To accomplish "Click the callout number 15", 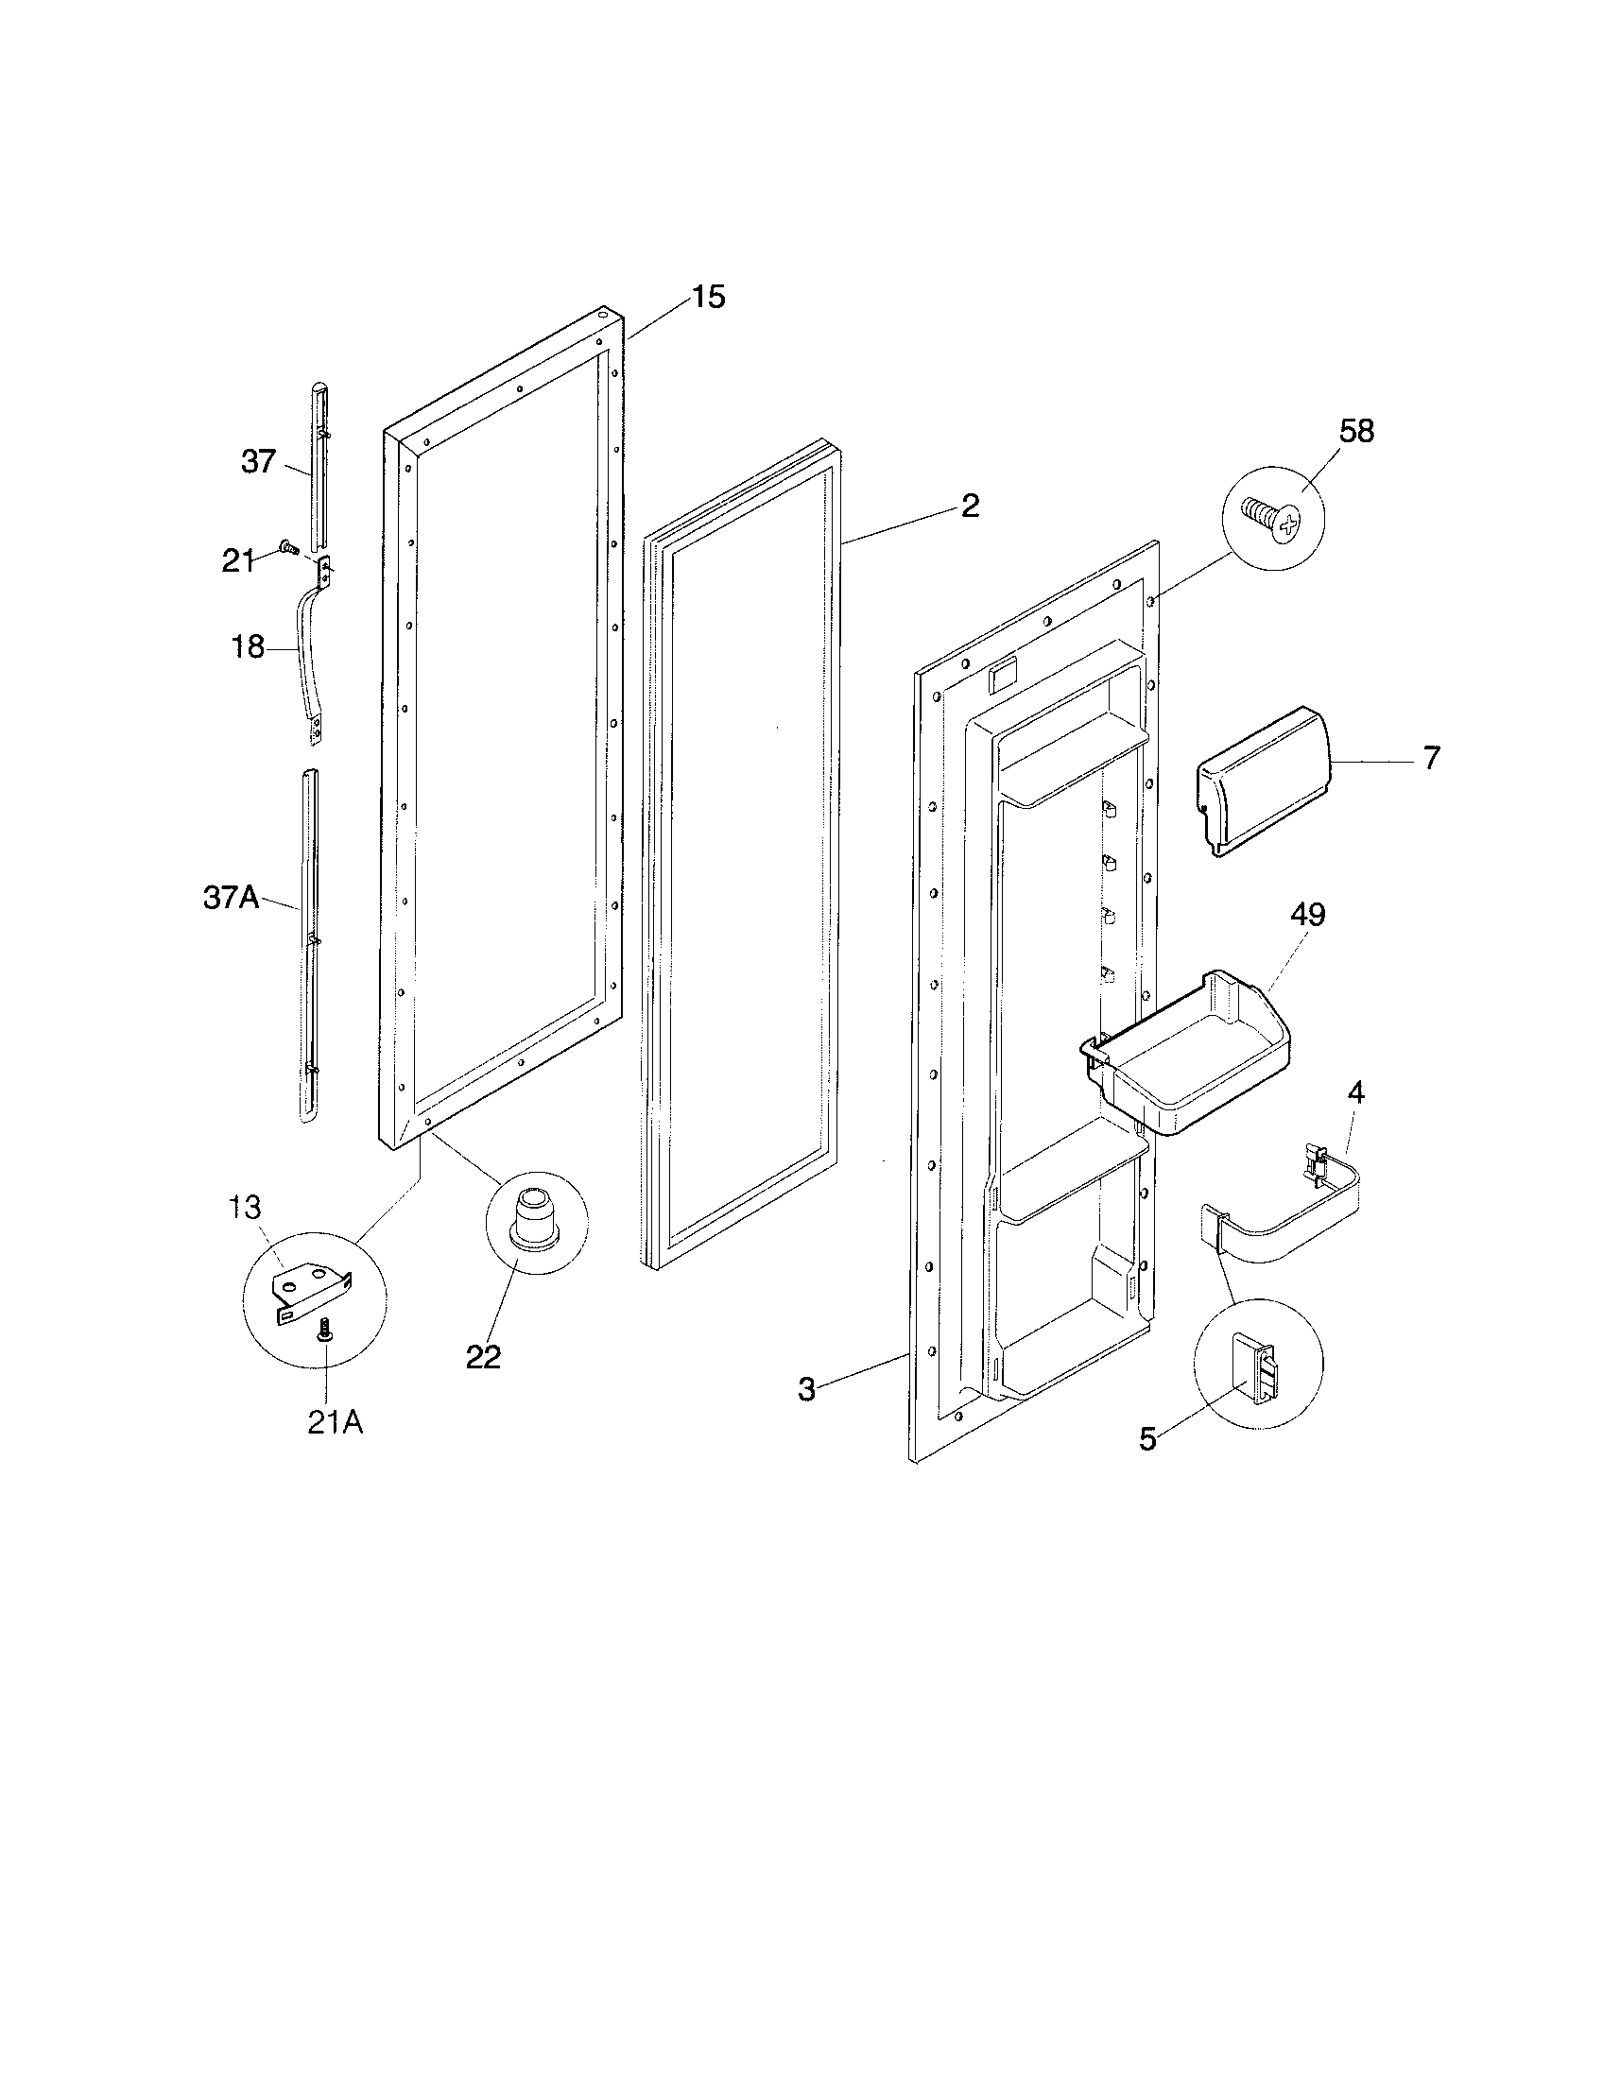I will pyautogui.click(x=707, y=297).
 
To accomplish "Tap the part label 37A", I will pyautogui.click(x=232, y=898).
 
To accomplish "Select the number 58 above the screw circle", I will pyautogui.click(x=1356, y=431).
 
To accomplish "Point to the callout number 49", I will pyautogui.click(x=1307, y=915).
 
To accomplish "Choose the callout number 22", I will pyautogui.click(x=483, y=1356).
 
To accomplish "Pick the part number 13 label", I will pyautogui.click(x=244, y=1208).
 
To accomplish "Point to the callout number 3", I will pyautogui.click(x=806, y=1390).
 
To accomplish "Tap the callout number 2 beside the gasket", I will pyautogui.click(x=969, y=506).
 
